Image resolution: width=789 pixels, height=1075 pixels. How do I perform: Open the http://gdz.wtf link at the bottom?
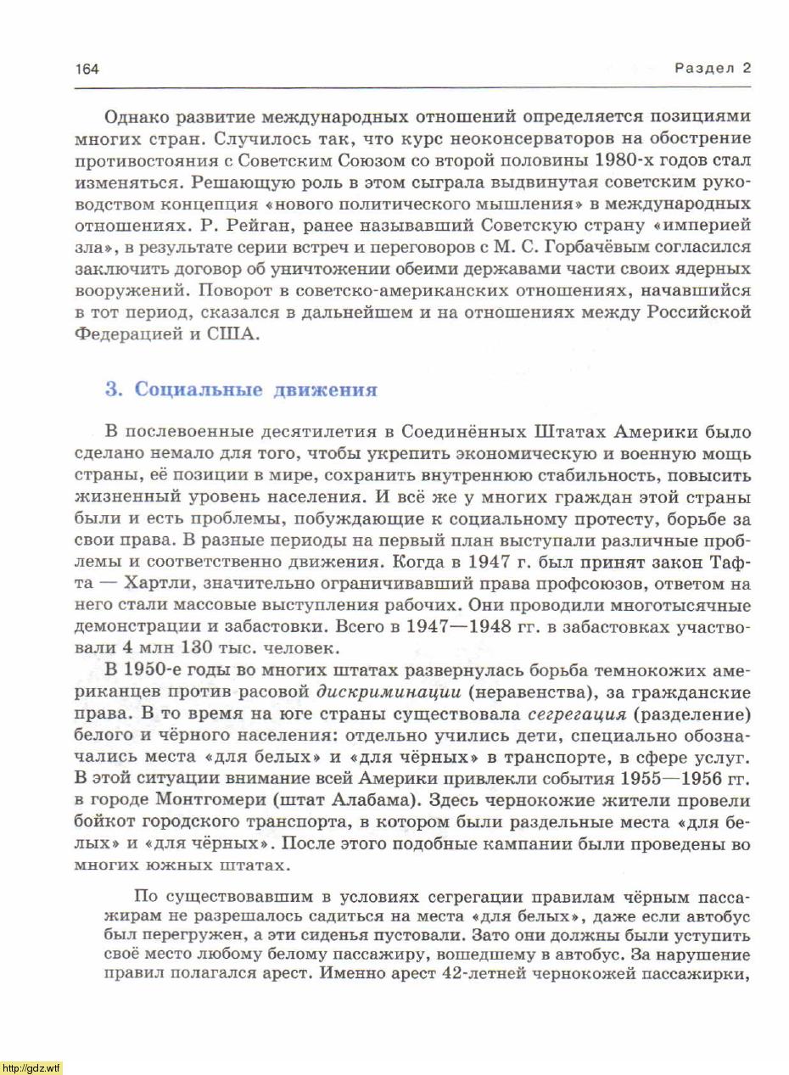point(31,1067)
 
